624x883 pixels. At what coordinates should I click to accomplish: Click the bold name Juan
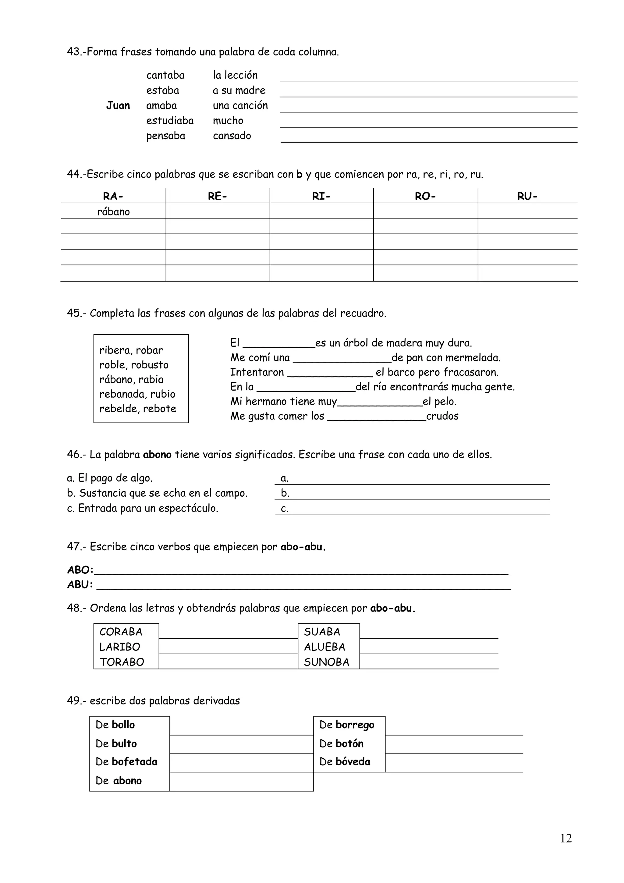pos(118,105)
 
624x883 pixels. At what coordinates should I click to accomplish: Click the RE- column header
pos(217,197)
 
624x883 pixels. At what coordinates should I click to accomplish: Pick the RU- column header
pos(527,197)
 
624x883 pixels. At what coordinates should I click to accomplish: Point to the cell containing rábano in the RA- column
pos(113,212)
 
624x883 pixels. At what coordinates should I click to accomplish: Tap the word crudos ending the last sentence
pos(442,416)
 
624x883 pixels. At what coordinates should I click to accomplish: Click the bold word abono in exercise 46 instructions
pos(157,455)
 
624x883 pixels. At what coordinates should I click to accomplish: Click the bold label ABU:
pos(80,585)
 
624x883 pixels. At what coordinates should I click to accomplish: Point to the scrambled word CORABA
pos(121,632)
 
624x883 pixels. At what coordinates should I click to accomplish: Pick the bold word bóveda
pos(353,761)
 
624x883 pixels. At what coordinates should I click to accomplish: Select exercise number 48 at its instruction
pos(73,608)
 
